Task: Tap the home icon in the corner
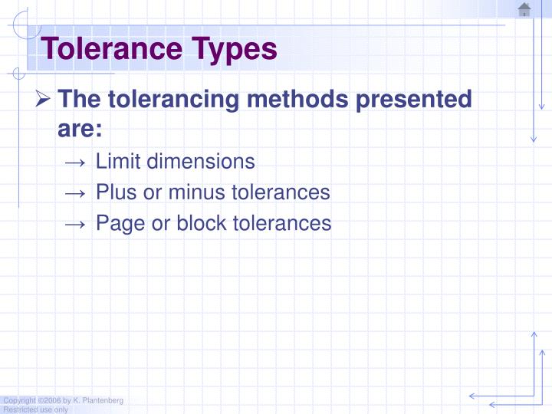click(524, 9)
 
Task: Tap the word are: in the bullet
click(80, 128)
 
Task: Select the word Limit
click(118, 161)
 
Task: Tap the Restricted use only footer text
click(35, 409)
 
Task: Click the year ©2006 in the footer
click(49, 401)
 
